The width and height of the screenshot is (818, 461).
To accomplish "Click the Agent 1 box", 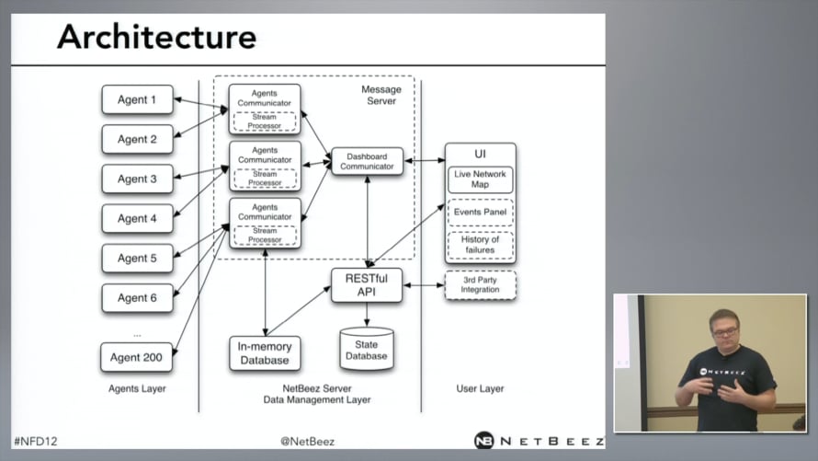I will tap(137, 99).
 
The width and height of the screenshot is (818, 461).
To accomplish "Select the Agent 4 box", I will tap(137, 218).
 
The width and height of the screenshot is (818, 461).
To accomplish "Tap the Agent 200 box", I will tap(137, 357).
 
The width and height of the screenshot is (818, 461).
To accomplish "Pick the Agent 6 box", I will tap(137, 298).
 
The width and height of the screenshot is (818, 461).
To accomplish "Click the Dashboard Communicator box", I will tap(367, 161).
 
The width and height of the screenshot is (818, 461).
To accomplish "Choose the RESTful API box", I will tap(367, 285).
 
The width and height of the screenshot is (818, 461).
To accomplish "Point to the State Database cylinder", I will tap(367, 349).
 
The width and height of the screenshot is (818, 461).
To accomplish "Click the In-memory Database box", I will tap(265, 353).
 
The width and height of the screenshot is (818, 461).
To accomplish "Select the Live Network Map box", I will tap(480, 179).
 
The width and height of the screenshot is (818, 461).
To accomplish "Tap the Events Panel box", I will tap(480, 213).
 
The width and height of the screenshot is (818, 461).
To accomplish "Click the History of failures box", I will tap(480, 245).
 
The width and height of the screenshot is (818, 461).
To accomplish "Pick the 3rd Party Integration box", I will tap(480, 284).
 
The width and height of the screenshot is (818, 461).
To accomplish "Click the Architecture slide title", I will tap(156, 37).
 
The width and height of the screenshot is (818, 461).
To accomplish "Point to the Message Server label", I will tap(381, 95).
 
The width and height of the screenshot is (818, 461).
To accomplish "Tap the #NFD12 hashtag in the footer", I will tap(35, 441).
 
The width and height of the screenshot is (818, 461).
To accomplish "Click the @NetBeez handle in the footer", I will tap(307, 441).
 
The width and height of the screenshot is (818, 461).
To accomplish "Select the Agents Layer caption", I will tap(137, 389).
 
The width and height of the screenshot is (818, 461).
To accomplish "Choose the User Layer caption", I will tap(480, 389).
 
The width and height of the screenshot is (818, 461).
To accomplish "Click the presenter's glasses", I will tap(724, 331).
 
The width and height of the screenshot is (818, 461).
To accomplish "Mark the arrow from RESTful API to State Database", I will tap(367, 315).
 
